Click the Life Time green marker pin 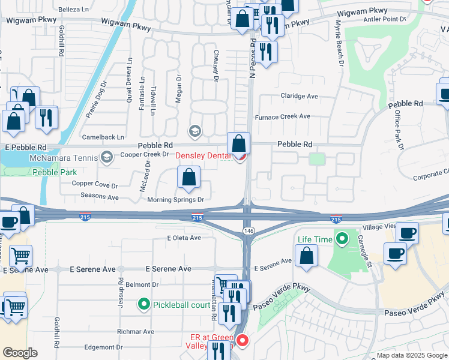tap(342, 239)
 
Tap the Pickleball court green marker tap(143, 305)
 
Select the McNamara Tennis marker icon tap(107, 158)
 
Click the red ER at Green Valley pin tap(243, 341)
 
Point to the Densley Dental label tap(203, 155)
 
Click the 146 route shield tap(248, 230)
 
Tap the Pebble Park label tap(55, 172)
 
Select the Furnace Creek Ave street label tap(283, 116)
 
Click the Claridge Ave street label tap(299, 96)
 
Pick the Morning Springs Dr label tap(176, 200)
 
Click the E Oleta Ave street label tap(184, 238)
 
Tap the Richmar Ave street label tap(136, 331)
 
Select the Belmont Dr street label tap(142, 284)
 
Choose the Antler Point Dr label tap(385, 19)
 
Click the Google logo tap(20, 353)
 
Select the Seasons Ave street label tap(96, 197)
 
